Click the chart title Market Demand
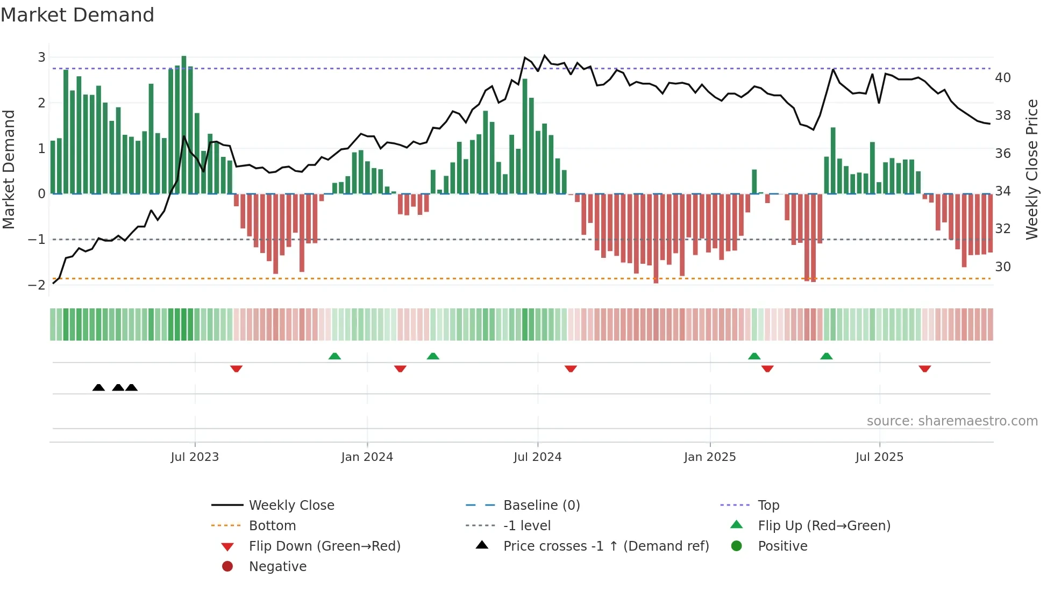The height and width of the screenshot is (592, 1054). click(77, 15)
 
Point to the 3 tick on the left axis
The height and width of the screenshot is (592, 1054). click(41, 57)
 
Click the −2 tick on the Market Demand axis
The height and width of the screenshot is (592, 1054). click(37, 285)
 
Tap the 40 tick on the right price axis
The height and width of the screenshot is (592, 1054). click(1002, 78)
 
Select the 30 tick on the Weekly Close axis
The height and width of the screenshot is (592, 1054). click(1002, 267)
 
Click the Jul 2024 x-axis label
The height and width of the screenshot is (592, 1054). click(537, 457)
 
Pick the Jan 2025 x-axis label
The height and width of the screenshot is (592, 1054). click(709, 457)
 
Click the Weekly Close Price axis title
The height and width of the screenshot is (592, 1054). click(1031, 169)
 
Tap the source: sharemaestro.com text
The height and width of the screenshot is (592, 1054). click(952, 421)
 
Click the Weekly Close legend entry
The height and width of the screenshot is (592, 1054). click(291, 506)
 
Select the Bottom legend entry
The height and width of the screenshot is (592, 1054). click(272, 526)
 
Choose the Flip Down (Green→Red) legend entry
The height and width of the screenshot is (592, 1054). click(324, 546)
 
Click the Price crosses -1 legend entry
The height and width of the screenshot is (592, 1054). click(606, 546)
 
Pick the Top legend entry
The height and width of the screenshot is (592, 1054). click(768, 506)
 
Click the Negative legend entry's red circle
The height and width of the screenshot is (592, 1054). click(227, 567)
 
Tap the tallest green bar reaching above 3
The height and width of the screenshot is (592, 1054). click(184, 124)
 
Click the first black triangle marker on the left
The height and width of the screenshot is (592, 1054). click(98, 387)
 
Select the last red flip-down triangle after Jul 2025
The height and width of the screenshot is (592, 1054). click(924, 369)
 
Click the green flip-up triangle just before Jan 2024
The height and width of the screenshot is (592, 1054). click(334, 356)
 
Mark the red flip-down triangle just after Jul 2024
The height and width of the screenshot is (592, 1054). click(571, 369)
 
